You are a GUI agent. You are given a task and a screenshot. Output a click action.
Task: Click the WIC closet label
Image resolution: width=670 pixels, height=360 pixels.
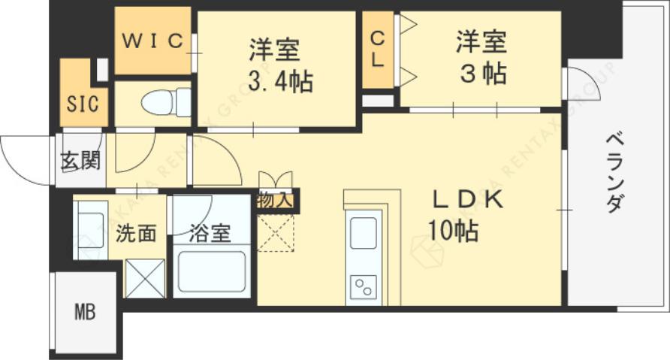[152, 41]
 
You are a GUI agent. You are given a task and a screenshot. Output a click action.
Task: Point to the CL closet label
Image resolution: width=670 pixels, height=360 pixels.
[378, 49]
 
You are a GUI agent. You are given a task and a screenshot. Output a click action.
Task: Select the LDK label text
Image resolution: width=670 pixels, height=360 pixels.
[470, 200]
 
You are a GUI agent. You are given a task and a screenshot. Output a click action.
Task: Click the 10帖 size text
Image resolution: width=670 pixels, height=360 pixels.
[454, 231]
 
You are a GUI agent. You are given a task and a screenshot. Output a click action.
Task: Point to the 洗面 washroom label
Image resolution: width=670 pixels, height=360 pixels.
[136, 233]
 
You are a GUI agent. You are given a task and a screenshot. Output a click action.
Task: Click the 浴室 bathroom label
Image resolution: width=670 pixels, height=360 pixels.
[210, 234]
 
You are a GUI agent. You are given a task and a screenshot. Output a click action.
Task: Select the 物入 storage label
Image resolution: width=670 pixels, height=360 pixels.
[274, 201]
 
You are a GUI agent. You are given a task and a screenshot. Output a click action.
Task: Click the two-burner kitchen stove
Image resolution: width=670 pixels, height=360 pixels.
[364, 286]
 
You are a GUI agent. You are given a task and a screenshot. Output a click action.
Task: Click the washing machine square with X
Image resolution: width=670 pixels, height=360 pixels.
[145, 278]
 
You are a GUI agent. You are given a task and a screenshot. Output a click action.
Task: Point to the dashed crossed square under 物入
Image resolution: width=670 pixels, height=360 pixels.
[276, 233]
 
